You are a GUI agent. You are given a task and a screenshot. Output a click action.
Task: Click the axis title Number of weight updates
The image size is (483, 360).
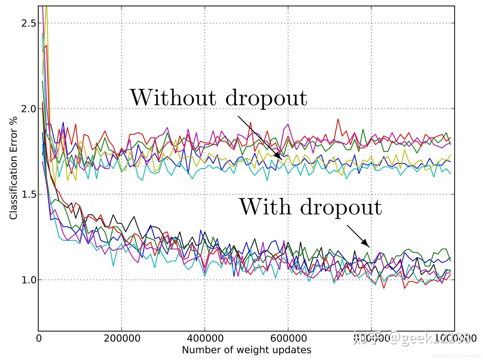coord(247,350)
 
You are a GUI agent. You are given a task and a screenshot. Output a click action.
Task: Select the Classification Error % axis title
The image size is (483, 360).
coord(13,168)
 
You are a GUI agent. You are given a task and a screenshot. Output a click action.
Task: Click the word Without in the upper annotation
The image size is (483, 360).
coord(173,98)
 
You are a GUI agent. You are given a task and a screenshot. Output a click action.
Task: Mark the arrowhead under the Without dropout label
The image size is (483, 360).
coord(278,156)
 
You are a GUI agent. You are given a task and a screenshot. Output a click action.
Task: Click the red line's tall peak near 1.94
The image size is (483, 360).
coord(338,119)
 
